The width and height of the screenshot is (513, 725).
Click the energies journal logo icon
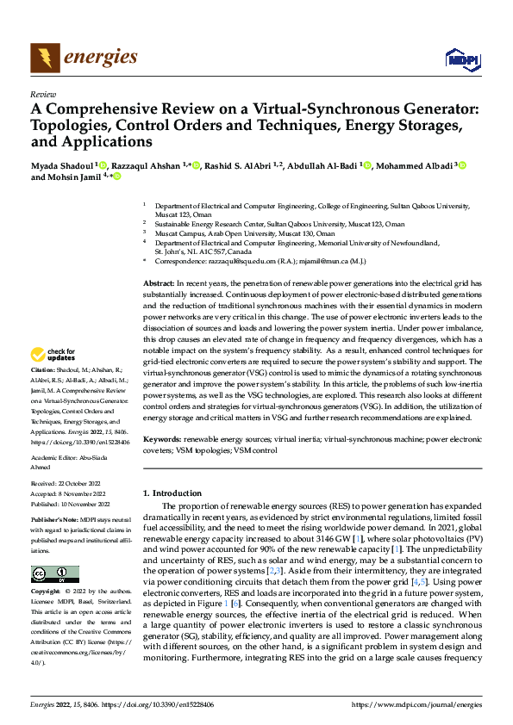coord(44,58)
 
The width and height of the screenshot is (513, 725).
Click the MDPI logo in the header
coord(460,59)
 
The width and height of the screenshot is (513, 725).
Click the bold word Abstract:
coord(158,283)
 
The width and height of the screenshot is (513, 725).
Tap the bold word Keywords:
coord(162,439)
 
